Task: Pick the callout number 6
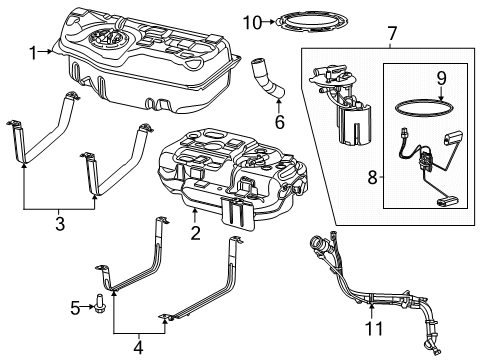pyautogui.click(x=280, y=124)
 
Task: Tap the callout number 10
pyautogui.click(x=252, y=21)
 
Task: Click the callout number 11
pyautogui.click(x=370, y=328)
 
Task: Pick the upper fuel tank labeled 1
pyautogui.click(x=150, y=60)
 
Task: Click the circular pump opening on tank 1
pyautogui.click(x=106, y=41)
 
